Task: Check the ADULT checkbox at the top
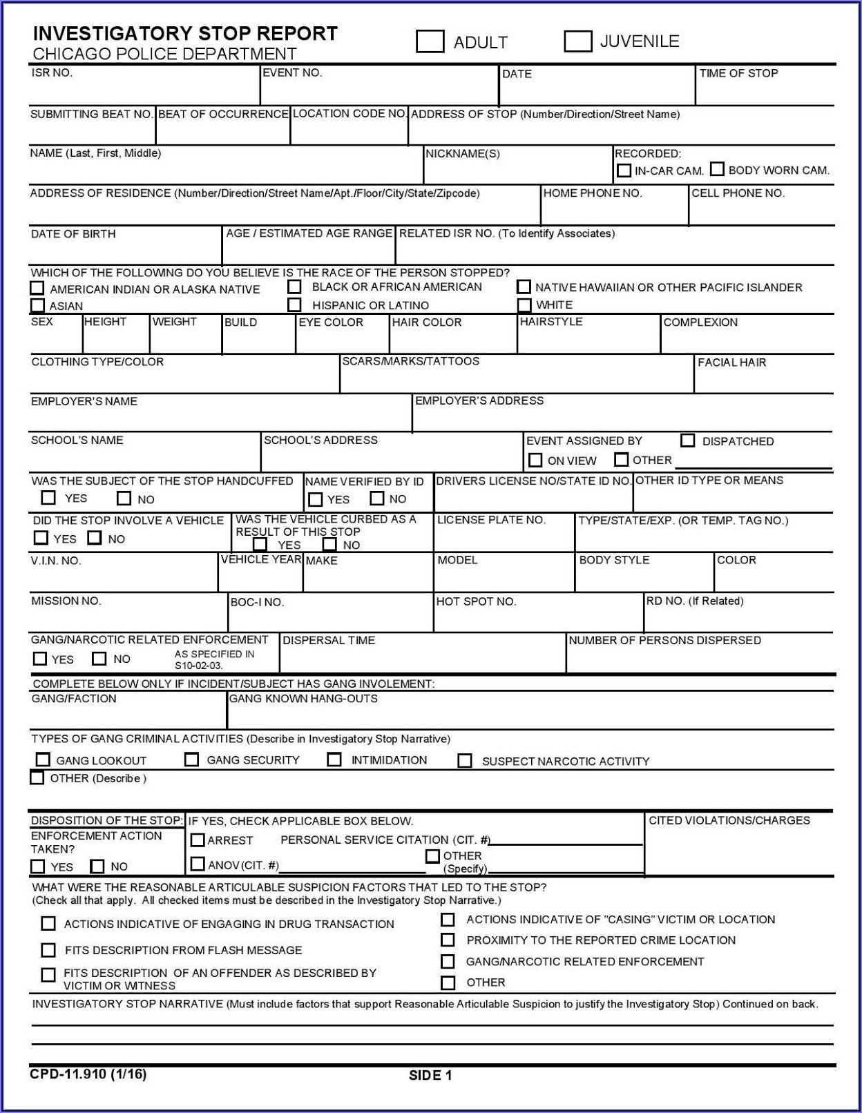click(430, 41)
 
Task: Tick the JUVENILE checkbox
click(577, 41)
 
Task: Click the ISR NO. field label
click(52, 72)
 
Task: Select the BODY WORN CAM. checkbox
click(718, 169)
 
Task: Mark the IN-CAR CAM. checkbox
click(624, 170)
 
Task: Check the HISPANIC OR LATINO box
click(295, 304)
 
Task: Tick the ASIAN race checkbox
click(37, 305)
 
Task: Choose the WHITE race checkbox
click(525, 304)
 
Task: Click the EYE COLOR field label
click(331, 322)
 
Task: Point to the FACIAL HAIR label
click(731, 362)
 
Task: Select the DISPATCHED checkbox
click(687, 441)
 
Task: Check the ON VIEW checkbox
click(535, 460)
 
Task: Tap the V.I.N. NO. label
click(56, 561)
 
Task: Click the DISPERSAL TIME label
click(329, 641)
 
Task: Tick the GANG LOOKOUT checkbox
click(43, 759)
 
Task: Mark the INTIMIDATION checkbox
click(334, 759)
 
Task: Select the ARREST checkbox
click(198, 840)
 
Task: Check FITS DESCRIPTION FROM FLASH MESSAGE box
click(48, 950)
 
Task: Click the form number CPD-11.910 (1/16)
click(88, 1074)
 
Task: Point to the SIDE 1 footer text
click(430, 1075)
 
